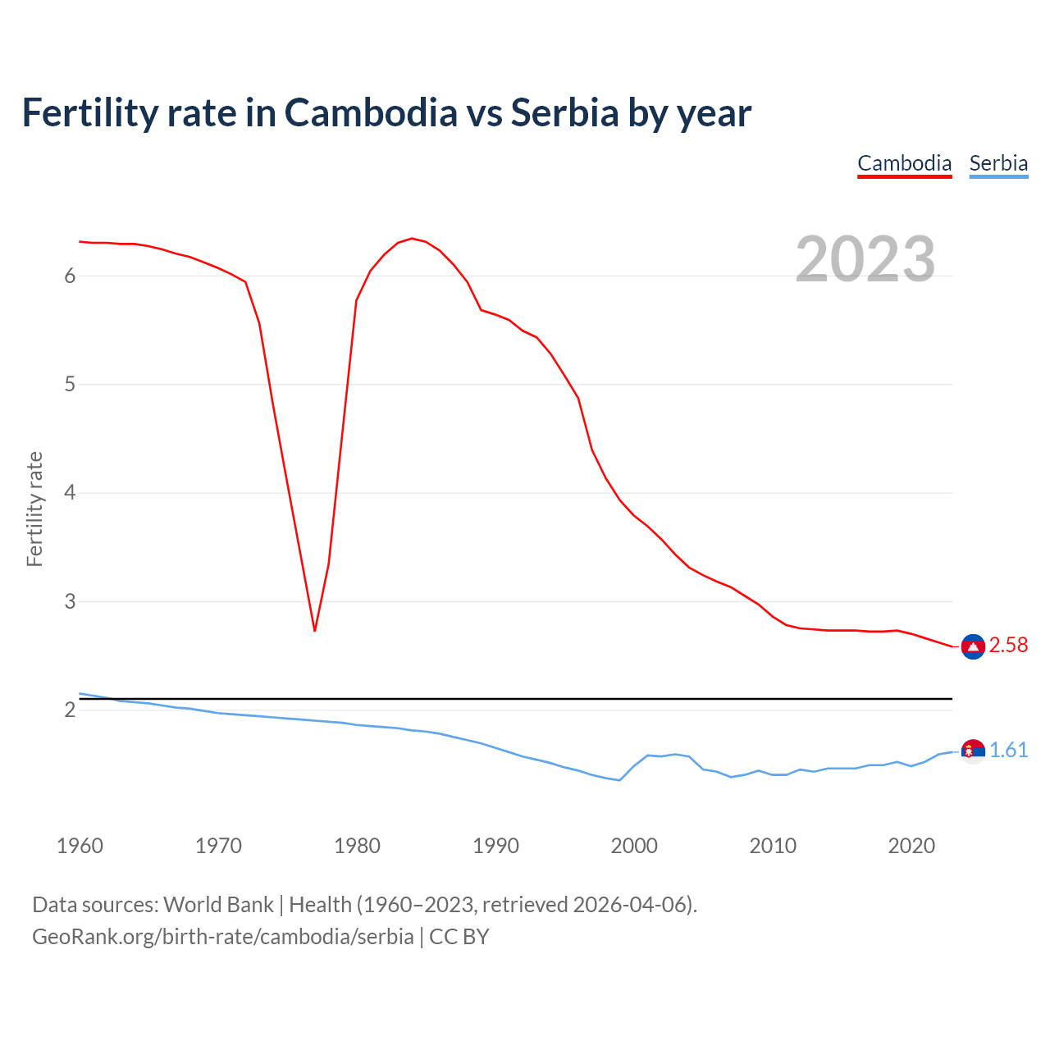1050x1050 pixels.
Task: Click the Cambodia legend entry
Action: click(x=904, y=163)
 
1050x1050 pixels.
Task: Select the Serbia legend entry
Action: click(x=998, y=163)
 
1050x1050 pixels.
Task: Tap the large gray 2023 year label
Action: click(x=865, y=259)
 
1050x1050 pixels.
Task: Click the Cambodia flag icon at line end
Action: click(x=973, y=646)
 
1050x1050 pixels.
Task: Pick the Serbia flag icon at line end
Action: click(x=973, y=751)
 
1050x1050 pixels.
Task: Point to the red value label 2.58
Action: click(x=1008, y=646)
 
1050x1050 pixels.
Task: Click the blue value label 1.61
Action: click(x=1008, y=751)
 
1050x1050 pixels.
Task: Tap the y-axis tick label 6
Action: click(x=70, y=276)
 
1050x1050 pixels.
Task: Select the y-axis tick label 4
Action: click(x=70, y=493)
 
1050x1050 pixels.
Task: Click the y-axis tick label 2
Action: click(x=70, y=710)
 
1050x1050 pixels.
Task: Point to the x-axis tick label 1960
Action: click(x=80, y=846)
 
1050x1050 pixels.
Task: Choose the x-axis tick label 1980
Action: click(x=357, y=846)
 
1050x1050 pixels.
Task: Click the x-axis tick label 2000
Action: click(x=634, y=846)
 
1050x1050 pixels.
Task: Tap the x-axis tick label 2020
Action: click(x=911, y=846)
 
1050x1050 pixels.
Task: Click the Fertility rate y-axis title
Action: click(x=34, y=509)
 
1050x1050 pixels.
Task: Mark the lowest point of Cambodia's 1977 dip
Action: click(x=315, y=630)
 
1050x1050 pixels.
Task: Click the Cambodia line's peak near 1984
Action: click(x=412, y=239)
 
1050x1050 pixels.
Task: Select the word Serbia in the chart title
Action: click(x=564, y=113)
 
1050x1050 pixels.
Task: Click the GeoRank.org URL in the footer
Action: click(x=222, y=937)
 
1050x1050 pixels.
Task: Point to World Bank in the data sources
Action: click(x=218, y=905)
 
